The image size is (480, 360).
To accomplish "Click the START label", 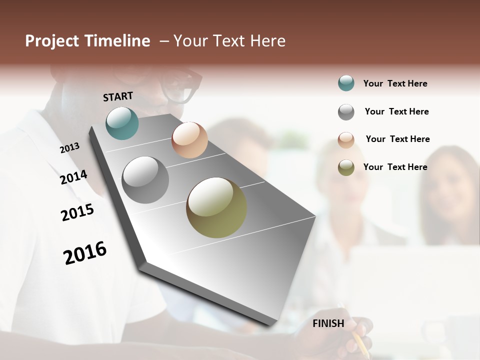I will (118, 96).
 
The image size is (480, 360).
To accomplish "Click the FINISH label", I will (328, 323).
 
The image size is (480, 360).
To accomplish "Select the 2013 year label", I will (69, 148).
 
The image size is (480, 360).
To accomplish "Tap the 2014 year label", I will (73, 177).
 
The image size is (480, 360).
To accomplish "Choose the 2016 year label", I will (85, 253).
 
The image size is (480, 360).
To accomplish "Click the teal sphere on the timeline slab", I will (122, 123).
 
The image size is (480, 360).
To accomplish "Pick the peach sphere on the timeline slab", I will (189, 140).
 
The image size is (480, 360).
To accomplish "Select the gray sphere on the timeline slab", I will (145, 180).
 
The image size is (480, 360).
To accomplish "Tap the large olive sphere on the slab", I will (216, 207).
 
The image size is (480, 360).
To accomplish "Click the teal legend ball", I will (346, 83).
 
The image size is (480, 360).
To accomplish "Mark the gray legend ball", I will (346, 112).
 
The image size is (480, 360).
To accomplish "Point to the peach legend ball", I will (346, 139).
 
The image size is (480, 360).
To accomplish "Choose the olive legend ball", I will (346, 167).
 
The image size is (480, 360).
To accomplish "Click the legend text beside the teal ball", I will (395, 83).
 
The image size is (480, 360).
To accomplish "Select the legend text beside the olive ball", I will (395, 167).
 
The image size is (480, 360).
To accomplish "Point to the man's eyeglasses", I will (182, 85).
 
